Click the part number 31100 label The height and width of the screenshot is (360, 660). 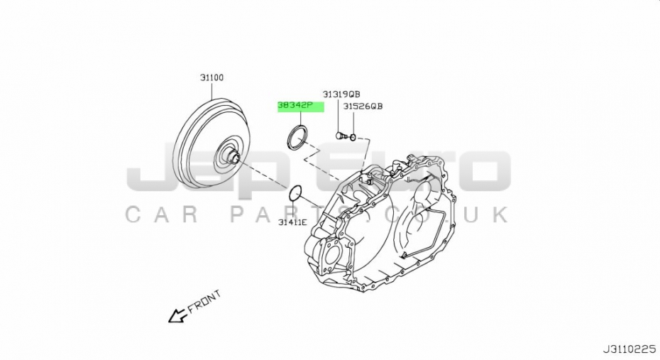[x=211, y=78]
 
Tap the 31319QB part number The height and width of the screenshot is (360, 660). [x=341, y=94]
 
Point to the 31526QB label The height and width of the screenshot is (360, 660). [x=363, y=107]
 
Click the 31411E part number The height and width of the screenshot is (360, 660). [x=292, y=222]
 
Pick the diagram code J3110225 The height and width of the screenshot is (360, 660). [x=629, y=349]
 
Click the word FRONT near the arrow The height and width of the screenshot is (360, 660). [x=204, y=302]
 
